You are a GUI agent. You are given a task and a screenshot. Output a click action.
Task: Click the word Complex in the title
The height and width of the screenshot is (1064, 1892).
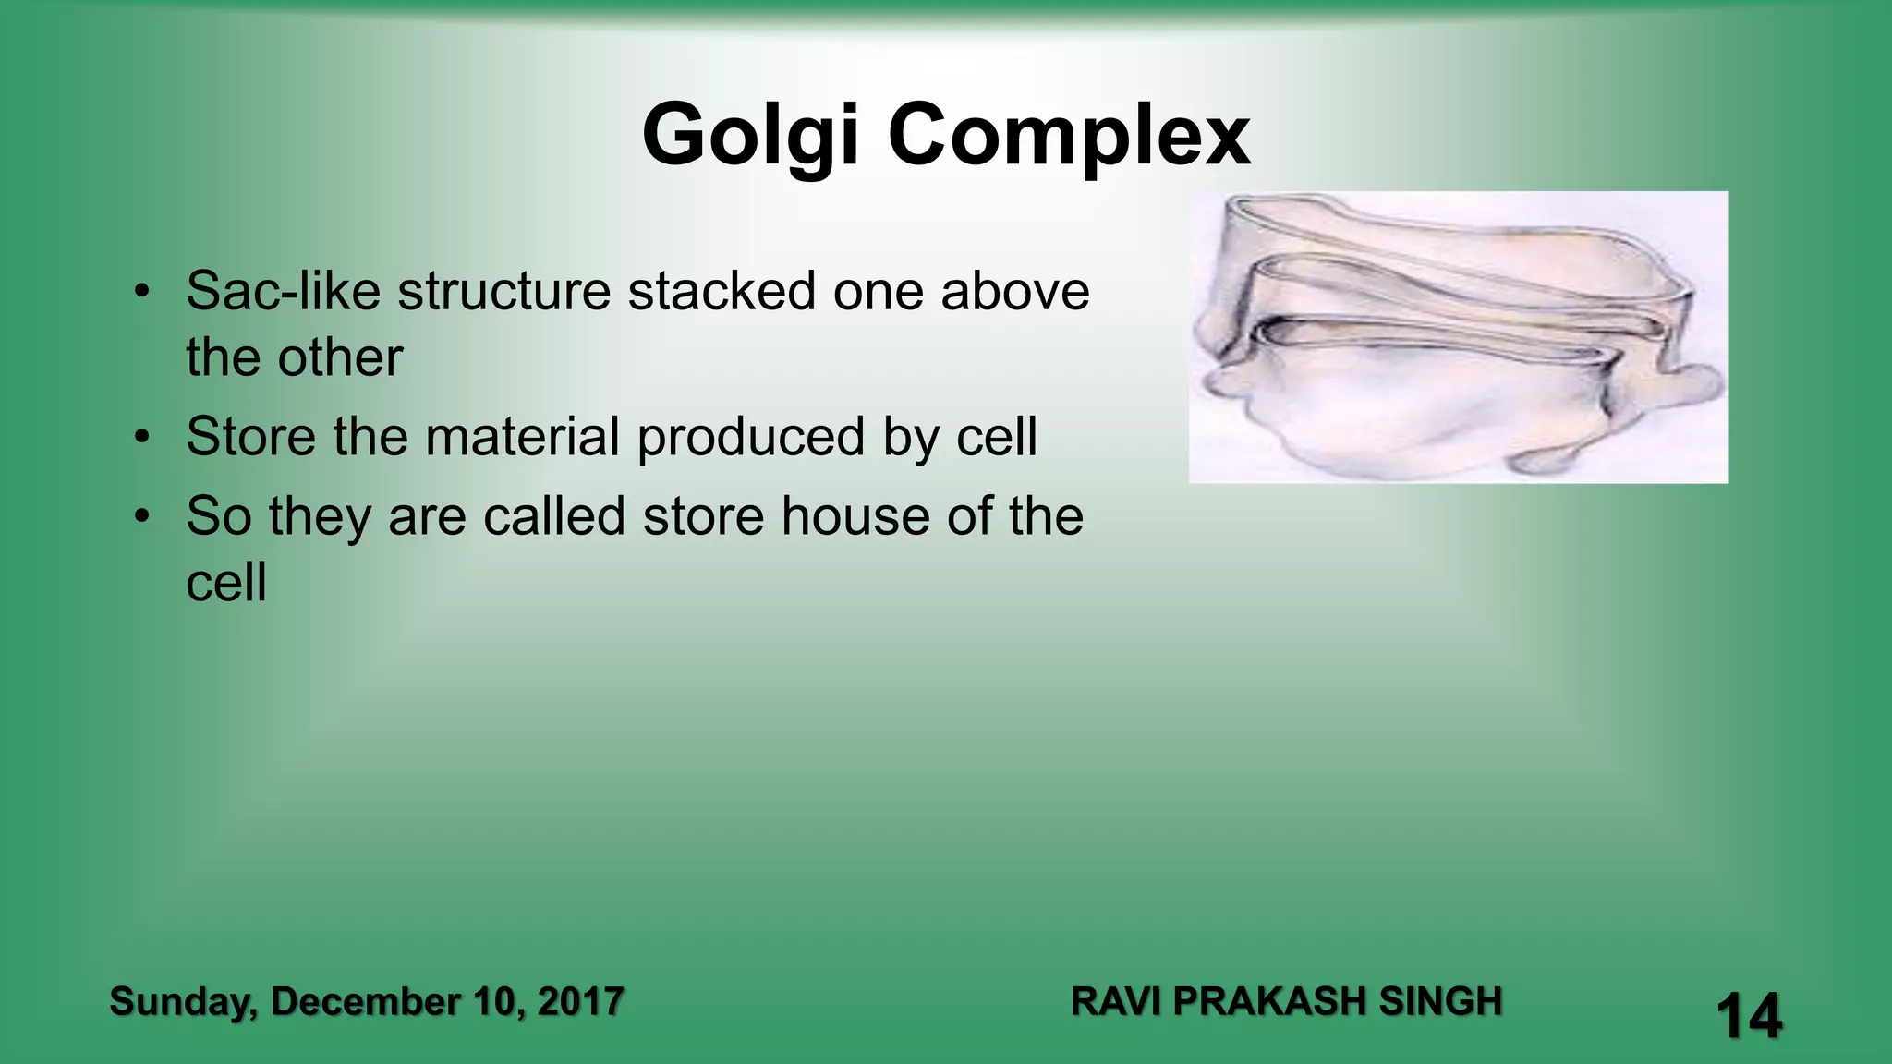pyautogui.click(x=1069, y=136)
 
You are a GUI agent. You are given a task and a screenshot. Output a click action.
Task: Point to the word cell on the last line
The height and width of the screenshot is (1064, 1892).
pyautogui.click(x=226, y=583)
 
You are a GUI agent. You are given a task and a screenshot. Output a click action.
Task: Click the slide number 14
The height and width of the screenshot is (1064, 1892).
pyautogui.click(x=1749, y=1016)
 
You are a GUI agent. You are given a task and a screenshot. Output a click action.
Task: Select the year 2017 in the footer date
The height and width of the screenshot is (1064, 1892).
pyautogui.click(x=580, y=1002)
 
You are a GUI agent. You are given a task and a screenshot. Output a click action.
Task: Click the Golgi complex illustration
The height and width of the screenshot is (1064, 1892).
pyautogui.click(x=1458, y=337)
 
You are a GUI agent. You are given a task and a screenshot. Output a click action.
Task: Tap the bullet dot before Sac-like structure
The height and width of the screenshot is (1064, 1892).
pyautogui.click(x=140, y=291)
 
